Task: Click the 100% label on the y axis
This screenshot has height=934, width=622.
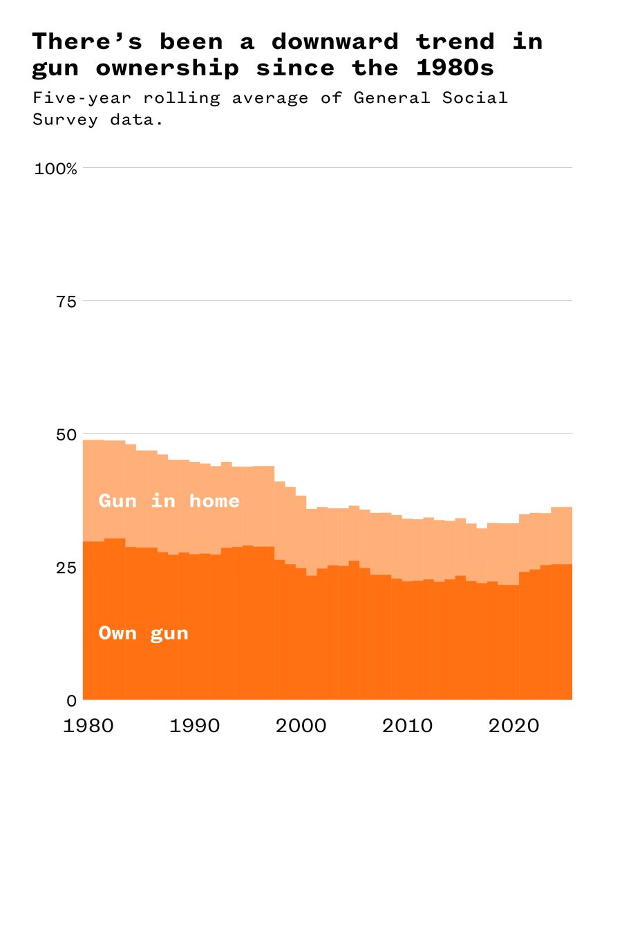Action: [x=55, y=169]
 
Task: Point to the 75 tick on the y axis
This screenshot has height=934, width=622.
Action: [x=66, y=301]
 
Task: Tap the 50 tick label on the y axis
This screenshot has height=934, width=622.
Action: [x=66, y=435]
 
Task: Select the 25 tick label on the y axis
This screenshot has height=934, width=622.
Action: [x=66, y=568]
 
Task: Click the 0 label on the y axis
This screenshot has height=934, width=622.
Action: [x=71, y=701]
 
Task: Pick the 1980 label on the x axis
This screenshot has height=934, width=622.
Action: [x=88, y=725]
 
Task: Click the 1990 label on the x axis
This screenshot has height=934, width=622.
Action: [x=194, y=725]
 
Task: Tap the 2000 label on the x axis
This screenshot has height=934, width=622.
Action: [x=301, y=725]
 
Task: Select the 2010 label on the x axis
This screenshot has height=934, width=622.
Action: [x=407, y=725]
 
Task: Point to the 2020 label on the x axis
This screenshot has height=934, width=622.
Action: [x=513, y=725]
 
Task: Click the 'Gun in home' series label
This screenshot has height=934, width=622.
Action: [x=169, y=501]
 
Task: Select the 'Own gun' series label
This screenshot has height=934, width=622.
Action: [x=143, y=633]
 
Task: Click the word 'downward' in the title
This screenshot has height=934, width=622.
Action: [x=334, y=41]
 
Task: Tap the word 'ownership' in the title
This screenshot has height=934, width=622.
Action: [x=167, y=68]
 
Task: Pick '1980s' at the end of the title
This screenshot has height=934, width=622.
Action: [x=455, y=68]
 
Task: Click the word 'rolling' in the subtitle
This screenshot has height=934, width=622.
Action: [x=181, y=98]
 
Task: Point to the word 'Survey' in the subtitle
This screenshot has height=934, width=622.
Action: [x=65, y=120]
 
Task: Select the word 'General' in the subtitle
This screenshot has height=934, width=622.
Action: [x=391, y=98]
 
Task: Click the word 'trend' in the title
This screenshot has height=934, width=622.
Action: [x=455, y=41]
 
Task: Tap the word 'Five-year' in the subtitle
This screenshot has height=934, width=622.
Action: [x=82, y=98]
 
